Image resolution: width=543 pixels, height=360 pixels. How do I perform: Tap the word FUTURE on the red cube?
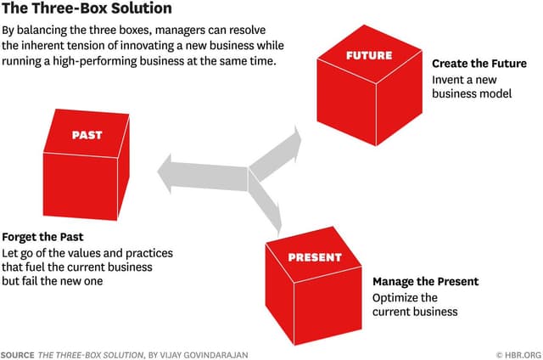click(x=369, y=55)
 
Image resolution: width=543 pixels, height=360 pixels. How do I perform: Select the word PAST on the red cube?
click(x=87, y=134)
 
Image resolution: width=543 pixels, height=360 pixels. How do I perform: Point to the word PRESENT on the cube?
click(x=315, y=257)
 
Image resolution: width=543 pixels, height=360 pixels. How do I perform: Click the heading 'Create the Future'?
click(x=479, y=64)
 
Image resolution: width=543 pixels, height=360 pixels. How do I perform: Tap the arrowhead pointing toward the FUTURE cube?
click(x=294, y=138)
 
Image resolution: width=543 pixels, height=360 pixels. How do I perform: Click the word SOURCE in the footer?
click(x=18, y=353)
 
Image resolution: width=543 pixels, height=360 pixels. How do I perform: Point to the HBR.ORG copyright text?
click(x=518, y=353)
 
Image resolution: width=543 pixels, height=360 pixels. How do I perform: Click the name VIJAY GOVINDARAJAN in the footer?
click(x=208, y=353)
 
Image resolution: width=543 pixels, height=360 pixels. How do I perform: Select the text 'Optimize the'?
click(x=405, y=297)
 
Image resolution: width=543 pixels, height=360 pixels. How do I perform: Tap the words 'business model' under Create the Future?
click(x=472, y=93)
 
